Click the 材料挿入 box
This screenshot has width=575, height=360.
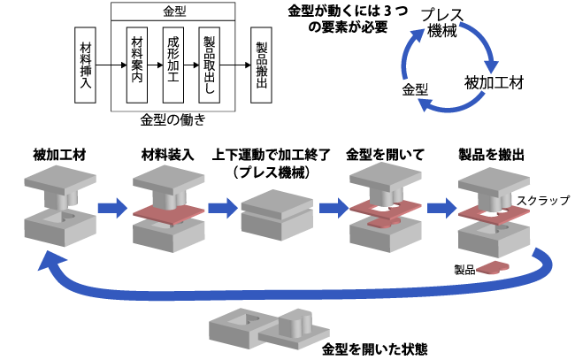[87, 65]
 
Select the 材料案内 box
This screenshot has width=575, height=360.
[137, 65]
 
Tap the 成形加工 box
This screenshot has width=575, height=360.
[172, 65]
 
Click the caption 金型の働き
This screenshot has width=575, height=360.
[172, 119]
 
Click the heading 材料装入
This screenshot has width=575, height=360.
[166, 155]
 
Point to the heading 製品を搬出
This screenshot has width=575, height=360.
[492, 155]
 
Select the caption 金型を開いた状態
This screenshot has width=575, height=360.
[375, 348]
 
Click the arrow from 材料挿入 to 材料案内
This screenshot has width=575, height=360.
[110, 65]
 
